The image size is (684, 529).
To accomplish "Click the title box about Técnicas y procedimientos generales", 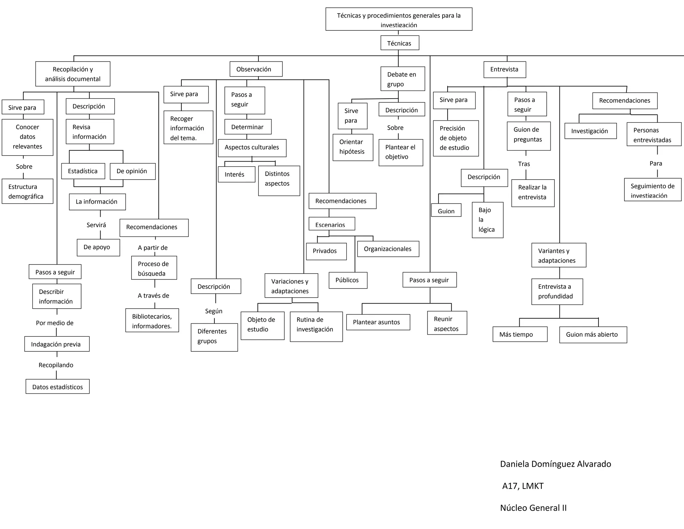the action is [x=399, y=19].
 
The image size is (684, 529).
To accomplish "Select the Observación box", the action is [x=256, y=69].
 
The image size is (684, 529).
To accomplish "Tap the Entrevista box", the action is [x=505, y=70].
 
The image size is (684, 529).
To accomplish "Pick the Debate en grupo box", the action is [x=402, y=79].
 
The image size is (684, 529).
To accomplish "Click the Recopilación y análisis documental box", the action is [x=73, y=74].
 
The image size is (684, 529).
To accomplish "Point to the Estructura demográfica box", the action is [x=27, y=191].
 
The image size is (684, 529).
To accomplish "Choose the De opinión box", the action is [x=133, y=171].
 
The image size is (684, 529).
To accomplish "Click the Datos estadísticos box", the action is [x=57, y=387].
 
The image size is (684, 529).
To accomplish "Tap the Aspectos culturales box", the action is [x=252, y=148].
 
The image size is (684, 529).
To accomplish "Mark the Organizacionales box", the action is [x=388, y=249].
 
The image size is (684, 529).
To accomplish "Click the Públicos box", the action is [x=348, y=280].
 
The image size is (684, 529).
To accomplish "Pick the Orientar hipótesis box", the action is [x=353, y=147].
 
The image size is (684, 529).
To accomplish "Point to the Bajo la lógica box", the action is [x=487, y=220].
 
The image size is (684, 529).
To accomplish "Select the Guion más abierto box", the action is [x=593, y=335].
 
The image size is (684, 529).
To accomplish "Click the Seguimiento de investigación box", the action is [x=652, y=190].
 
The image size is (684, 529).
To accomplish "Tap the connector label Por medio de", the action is [x=55, y=323].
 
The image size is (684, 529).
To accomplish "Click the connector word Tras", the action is [x=524, y=164].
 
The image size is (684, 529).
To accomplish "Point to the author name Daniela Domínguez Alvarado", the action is [x=555, y=464].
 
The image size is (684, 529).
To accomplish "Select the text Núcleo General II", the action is [x=533, y=508].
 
